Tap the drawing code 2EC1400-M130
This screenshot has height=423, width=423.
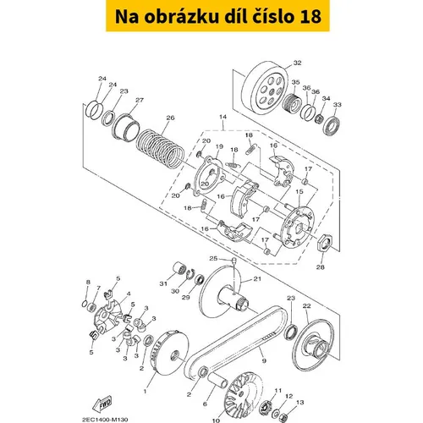coord(105,420)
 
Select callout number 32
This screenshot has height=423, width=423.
coord(297,63)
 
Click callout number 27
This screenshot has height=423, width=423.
coord(140,100)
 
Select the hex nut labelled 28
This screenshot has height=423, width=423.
coord(325,242)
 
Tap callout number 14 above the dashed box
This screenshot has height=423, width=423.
coord(222,117)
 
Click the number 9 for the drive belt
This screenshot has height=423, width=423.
coord(264,360)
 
